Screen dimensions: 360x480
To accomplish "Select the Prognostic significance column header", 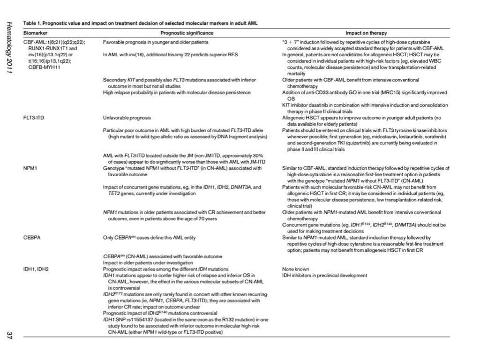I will coord(187,33).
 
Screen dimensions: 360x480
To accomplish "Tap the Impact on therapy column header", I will coord(366,33).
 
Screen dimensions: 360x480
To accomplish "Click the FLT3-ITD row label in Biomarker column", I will coord(34,118).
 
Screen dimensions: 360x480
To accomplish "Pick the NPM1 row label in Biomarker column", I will coord(30,168).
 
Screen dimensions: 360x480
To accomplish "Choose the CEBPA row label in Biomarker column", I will coord(32,238).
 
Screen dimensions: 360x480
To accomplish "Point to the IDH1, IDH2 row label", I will coord(36,270).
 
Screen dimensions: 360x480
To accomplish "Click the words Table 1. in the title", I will coord(33,23).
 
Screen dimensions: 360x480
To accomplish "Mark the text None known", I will coord(295,270).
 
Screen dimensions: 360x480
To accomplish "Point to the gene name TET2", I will coord(109,193).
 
